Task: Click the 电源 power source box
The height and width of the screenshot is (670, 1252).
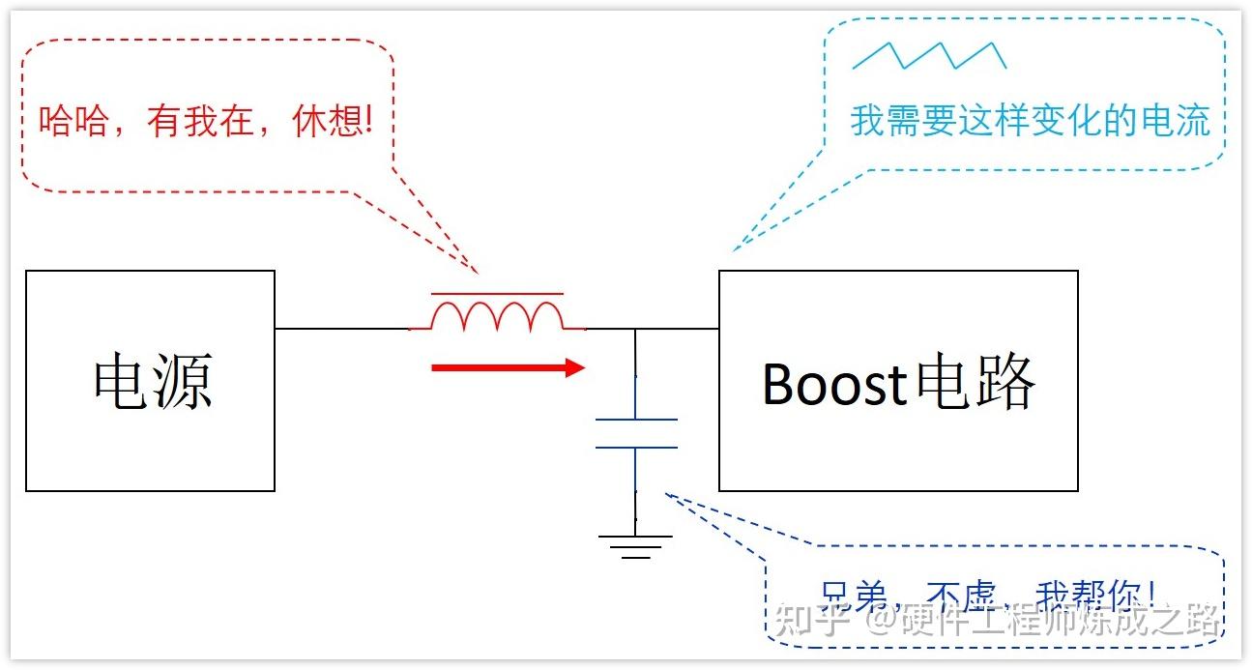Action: pos(150,381)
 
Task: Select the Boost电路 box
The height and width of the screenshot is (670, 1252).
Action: pos(898,381)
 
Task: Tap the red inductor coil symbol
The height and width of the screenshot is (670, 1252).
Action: pos(497,316)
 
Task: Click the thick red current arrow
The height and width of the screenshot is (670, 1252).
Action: pos(508,367)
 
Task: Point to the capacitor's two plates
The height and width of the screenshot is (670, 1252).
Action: pos(635,433)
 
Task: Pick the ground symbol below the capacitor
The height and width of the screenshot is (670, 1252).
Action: pos(635,546)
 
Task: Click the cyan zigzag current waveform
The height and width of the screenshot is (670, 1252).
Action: pos(929,56)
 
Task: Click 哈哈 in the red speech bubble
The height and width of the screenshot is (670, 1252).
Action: pos(73,121)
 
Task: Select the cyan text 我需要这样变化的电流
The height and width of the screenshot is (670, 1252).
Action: pos(1030,122)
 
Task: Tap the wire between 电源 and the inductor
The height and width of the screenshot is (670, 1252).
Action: pos(343,329)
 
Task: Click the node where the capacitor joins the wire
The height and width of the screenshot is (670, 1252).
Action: pos(635,330)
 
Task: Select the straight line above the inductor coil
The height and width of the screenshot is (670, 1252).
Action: pos(497,293)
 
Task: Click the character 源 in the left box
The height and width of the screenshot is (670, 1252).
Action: pos(183,381)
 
